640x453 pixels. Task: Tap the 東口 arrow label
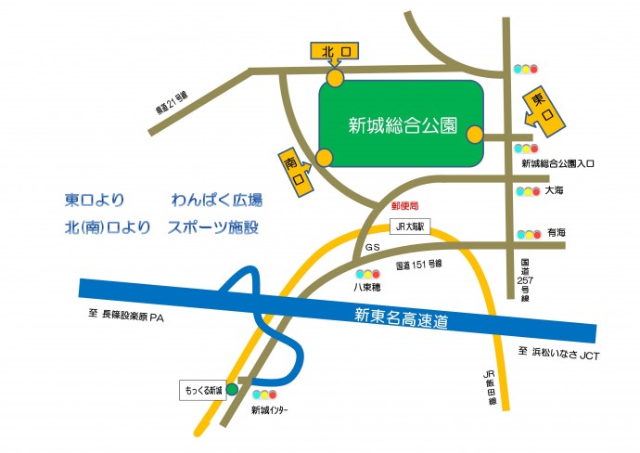[542, 108]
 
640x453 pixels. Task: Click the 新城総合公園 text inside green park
[402, 125]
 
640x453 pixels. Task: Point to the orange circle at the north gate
[334, 77]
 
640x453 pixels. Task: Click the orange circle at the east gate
[475, 136]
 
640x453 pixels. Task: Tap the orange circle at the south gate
[324, 158]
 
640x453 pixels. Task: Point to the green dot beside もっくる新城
[232, 389]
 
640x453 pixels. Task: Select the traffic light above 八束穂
[368, 274]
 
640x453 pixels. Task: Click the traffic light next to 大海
[527, 192]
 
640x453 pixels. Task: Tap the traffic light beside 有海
[527, 235]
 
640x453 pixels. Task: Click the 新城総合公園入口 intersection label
[557, 162]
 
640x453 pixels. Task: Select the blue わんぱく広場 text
[216, 200]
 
